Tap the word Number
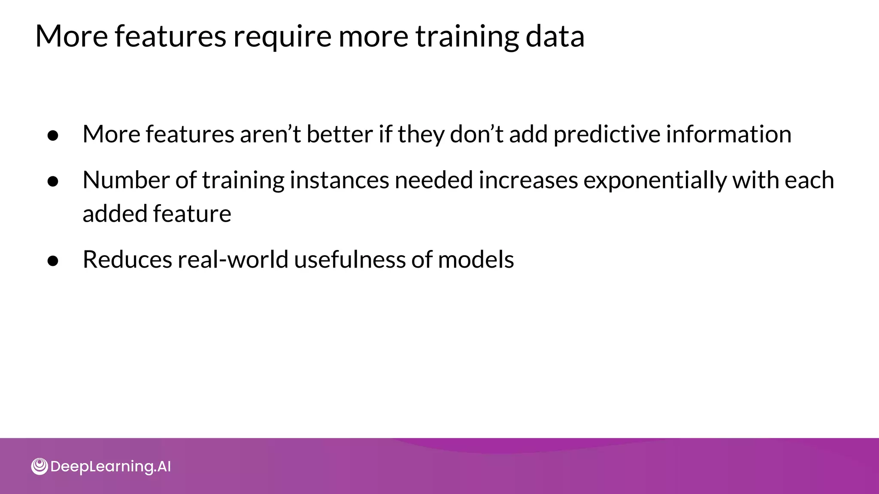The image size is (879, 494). pos(126,180)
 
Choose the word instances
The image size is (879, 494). pos(339,180)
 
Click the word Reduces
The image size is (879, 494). pos(127,259)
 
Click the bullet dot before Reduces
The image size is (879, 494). pos(53,261)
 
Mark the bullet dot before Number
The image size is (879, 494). pos(53,181)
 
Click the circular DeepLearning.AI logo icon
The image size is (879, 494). pos(39,466)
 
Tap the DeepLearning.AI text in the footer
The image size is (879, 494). pos(110,467)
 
